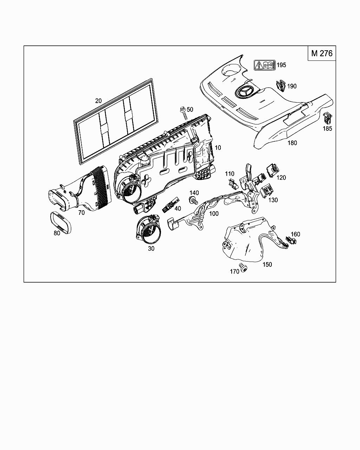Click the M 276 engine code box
[321, 53]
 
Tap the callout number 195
[281, 65]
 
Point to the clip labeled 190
[281, 86]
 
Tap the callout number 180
[292, 143]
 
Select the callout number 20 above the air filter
[98, 101]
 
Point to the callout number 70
[81, 213]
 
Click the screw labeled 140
[192, 201]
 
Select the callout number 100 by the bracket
[213, 213]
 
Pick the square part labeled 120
[271, 170]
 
